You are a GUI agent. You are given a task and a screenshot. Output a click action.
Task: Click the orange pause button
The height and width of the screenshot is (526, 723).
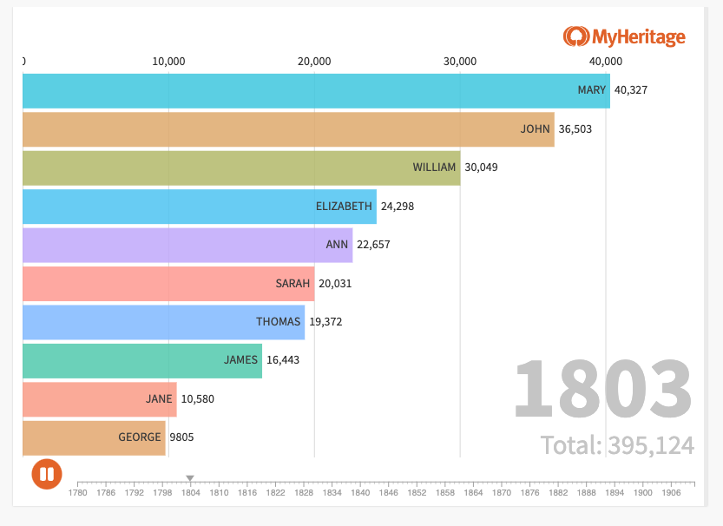(46, 475)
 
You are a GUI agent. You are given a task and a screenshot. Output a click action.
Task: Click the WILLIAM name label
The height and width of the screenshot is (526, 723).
(434, 168)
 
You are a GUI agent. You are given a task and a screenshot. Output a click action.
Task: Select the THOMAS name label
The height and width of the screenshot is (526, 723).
(278, 322)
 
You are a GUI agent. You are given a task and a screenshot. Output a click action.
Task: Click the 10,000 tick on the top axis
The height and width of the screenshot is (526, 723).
(168, 61)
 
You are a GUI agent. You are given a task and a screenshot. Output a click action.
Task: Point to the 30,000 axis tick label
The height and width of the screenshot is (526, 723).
(460, 61)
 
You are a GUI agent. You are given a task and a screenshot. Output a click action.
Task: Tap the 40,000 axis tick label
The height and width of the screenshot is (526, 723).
(606, 61)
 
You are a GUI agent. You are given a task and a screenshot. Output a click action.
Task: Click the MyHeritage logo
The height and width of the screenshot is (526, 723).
(624, 36)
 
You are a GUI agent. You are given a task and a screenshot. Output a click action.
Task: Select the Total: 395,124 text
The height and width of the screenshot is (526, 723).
(617, 445)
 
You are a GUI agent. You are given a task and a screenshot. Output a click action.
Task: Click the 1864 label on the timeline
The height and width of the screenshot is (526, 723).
(473, 493)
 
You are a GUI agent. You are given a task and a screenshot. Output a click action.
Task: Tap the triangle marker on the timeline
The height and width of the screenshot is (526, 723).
(190, 478)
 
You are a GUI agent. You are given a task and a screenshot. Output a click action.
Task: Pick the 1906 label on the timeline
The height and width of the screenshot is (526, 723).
(671, 493)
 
